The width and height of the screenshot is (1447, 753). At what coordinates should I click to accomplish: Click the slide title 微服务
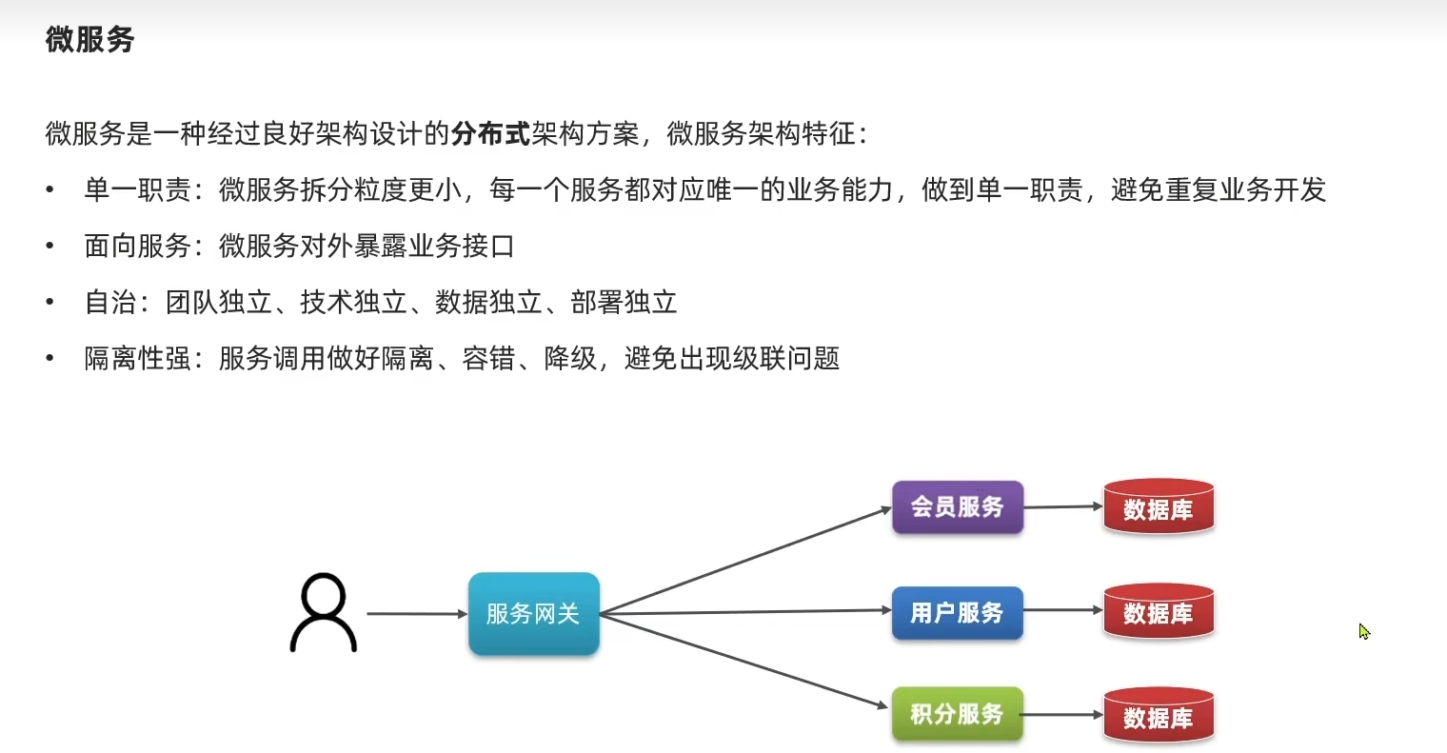[89, 40]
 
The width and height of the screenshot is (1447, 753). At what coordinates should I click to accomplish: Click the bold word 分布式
[490, 133]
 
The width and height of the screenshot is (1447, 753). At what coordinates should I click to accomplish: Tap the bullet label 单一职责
[137, 190]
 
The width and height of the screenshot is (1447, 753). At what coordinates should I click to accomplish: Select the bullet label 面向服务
[137, 247]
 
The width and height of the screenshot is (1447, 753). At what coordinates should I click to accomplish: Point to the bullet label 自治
[110, 303]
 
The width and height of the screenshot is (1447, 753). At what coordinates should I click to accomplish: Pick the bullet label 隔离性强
[137, 359]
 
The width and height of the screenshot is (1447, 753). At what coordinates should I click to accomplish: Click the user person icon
[323, 613]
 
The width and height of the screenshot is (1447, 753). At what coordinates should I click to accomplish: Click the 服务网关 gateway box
[533, 614]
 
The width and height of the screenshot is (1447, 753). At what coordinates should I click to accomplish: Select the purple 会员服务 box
[957, 507]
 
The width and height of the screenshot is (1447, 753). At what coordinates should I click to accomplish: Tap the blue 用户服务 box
[957, 613]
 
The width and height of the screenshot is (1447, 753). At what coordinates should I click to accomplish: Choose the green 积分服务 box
[957, 714]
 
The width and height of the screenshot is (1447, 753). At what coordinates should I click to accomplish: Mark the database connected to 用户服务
[1158, 612]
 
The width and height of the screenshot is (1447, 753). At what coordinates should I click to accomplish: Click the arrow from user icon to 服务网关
[416, 614]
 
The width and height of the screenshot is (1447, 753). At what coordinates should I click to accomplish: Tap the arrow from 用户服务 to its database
[1062, 610]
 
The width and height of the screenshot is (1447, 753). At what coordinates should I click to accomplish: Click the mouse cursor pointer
[1363, 630]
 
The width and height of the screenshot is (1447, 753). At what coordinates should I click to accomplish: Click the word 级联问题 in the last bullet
[786, 359]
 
